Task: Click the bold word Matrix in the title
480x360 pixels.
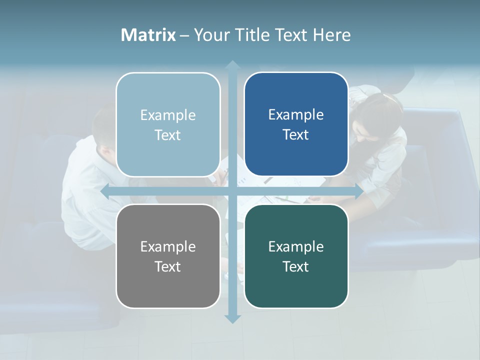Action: (148, 35)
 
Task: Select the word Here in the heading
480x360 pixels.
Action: (331, 35)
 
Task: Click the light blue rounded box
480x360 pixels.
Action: (168, 124)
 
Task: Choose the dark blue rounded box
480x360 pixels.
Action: (296, 124)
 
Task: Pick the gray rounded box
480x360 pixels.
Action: (168, 256)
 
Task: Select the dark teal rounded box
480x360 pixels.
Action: (296, 256)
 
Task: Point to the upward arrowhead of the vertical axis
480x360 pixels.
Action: (232, 65)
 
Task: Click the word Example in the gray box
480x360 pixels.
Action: (168, 246)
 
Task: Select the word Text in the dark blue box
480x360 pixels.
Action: (296, 134)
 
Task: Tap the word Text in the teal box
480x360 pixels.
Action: (296, 266)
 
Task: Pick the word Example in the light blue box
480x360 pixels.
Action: (168, 115)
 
